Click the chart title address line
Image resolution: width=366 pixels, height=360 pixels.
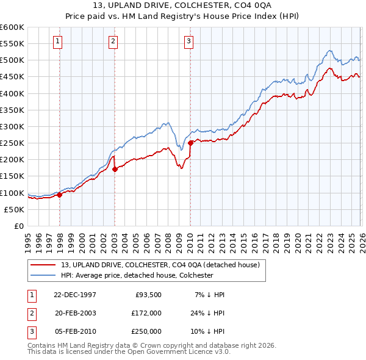click(x=182, y=5)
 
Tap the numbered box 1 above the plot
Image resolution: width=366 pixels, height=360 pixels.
click(x=57, y=41)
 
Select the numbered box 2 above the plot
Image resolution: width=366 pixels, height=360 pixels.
click(x=113, y=41)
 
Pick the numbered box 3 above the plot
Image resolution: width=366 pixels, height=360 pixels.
click(x=188, y=41)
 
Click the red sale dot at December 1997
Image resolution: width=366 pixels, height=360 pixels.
click(x=60, y=195)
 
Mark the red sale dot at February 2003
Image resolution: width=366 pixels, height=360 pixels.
click(x=115, y=169)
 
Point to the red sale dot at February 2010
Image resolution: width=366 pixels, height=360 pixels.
click(x=190, y=143)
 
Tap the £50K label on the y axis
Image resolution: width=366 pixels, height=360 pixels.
click(x=15, y=209)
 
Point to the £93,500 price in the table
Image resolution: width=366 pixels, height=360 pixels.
click(x=148, y=294)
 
